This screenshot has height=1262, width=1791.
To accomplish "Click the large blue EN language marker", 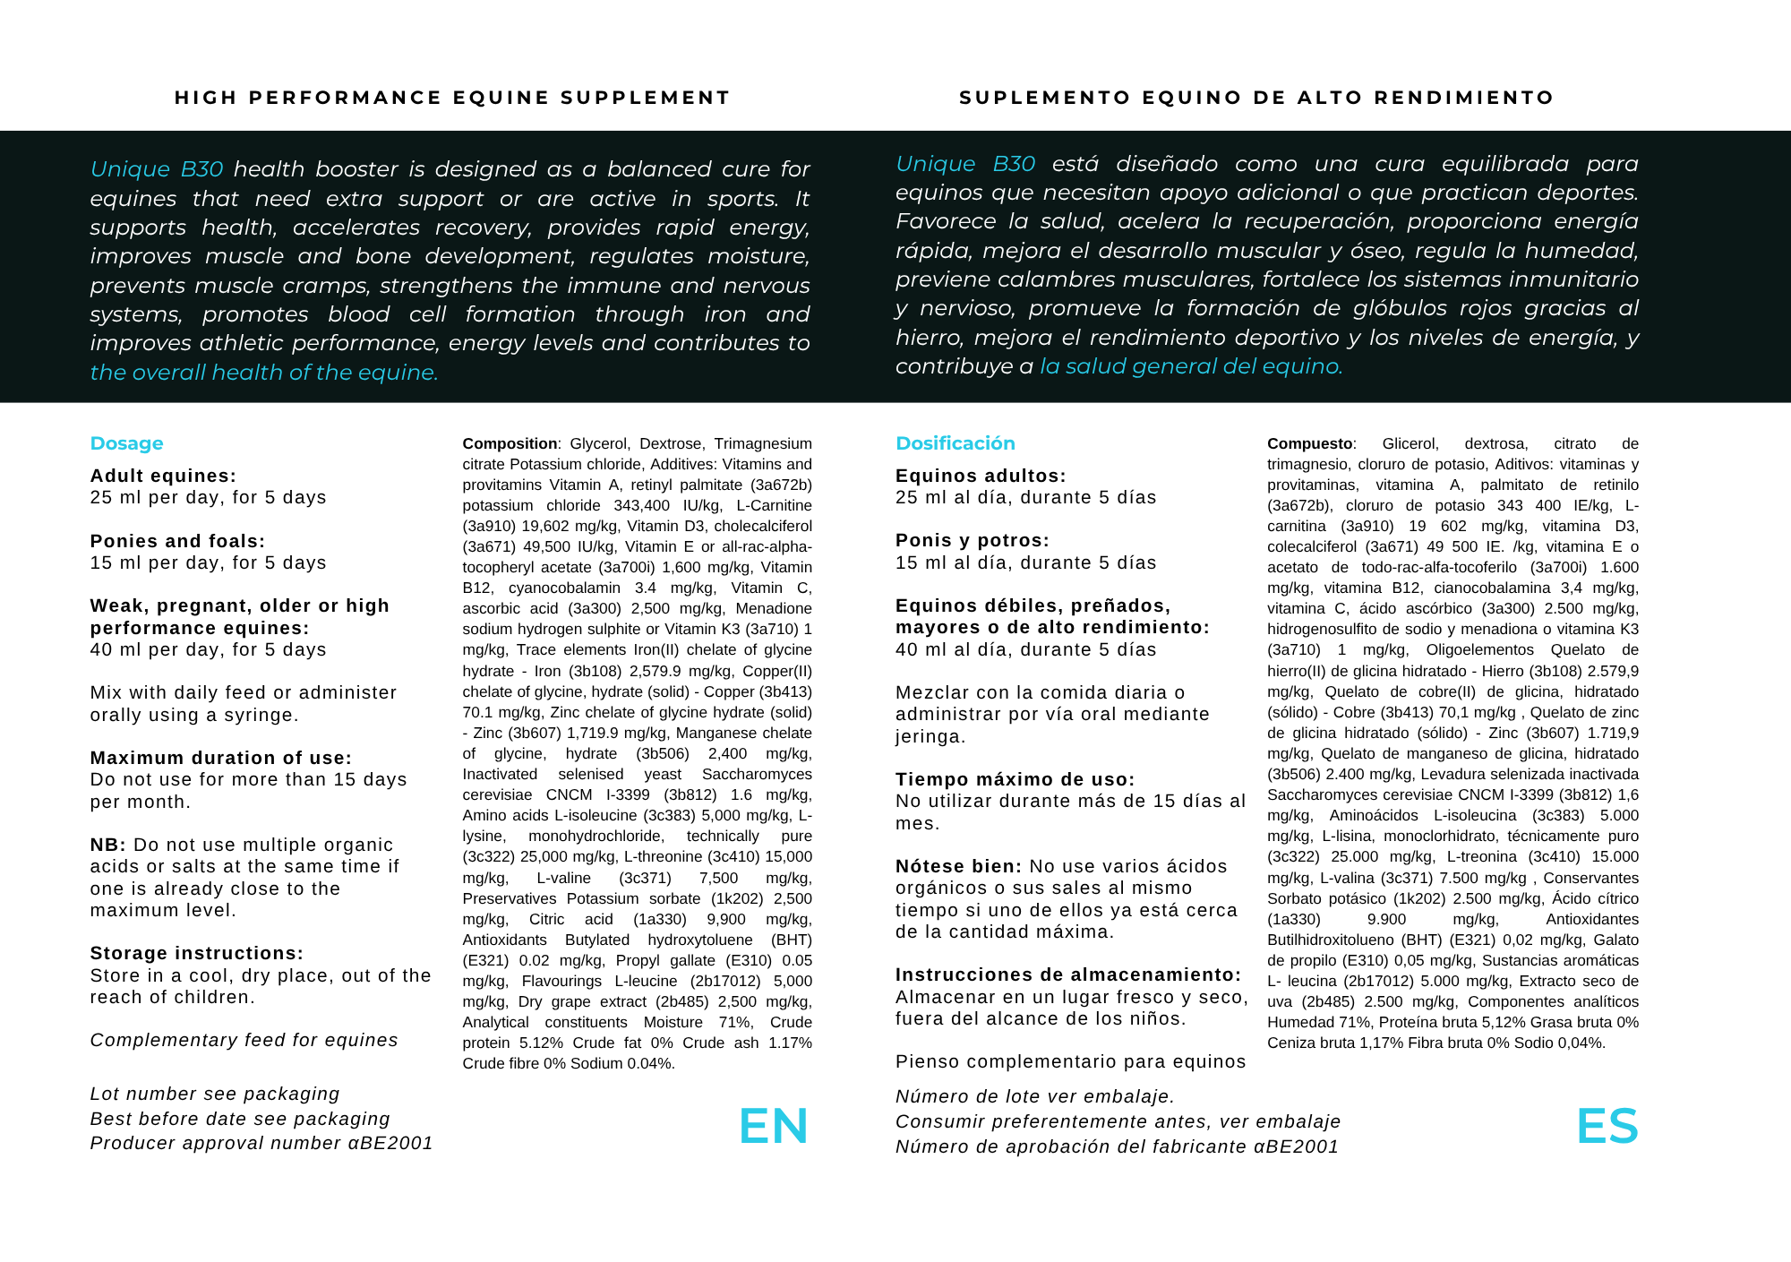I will click(x=773, y=1126).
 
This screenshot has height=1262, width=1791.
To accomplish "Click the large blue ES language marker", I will click(x=1607, y=1126).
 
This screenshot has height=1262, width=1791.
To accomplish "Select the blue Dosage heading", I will click(x=126, y=443).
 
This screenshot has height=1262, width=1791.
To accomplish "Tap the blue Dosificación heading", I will click(x=955, y=443).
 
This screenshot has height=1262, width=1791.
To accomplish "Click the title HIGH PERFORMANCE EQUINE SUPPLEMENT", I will click(x=452, y=98).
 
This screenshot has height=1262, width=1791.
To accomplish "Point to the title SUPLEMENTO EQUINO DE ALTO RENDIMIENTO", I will click(x=1256, y=98).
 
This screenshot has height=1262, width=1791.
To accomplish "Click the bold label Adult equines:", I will click(x=163, y=476).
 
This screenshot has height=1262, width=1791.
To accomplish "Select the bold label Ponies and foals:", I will click(x=177, y=541).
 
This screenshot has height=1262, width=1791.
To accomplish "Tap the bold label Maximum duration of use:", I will click(x=220, y=758).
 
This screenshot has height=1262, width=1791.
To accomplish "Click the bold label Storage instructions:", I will click(x=196, y=953).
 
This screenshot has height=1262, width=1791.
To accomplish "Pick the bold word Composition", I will click(x=510, y=443).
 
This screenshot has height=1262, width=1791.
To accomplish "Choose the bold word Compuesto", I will click(x=1309, y=443).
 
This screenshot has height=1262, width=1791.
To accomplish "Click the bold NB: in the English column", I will click(x=107, y=845).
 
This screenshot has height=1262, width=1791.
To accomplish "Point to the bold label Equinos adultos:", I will click(x=981, y=476).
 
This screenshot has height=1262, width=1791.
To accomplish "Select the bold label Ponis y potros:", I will click(x=972, y=540).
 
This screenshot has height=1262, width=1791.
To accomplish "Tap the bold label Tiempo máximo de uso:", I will click(x=1015, y=779).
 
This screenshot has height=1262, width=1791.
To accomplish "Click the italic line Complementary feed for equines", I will click(x=244, y=1040).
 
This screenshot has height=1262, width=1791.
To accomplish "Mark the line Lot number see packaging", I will click(x=215, y=1094).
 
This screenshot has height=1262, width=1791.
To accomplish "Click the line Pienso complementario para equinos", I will click(x=1070, y=1061).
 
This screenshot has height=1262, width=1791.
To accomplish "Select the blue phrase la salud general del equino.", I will click(x=1190, y=366).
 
